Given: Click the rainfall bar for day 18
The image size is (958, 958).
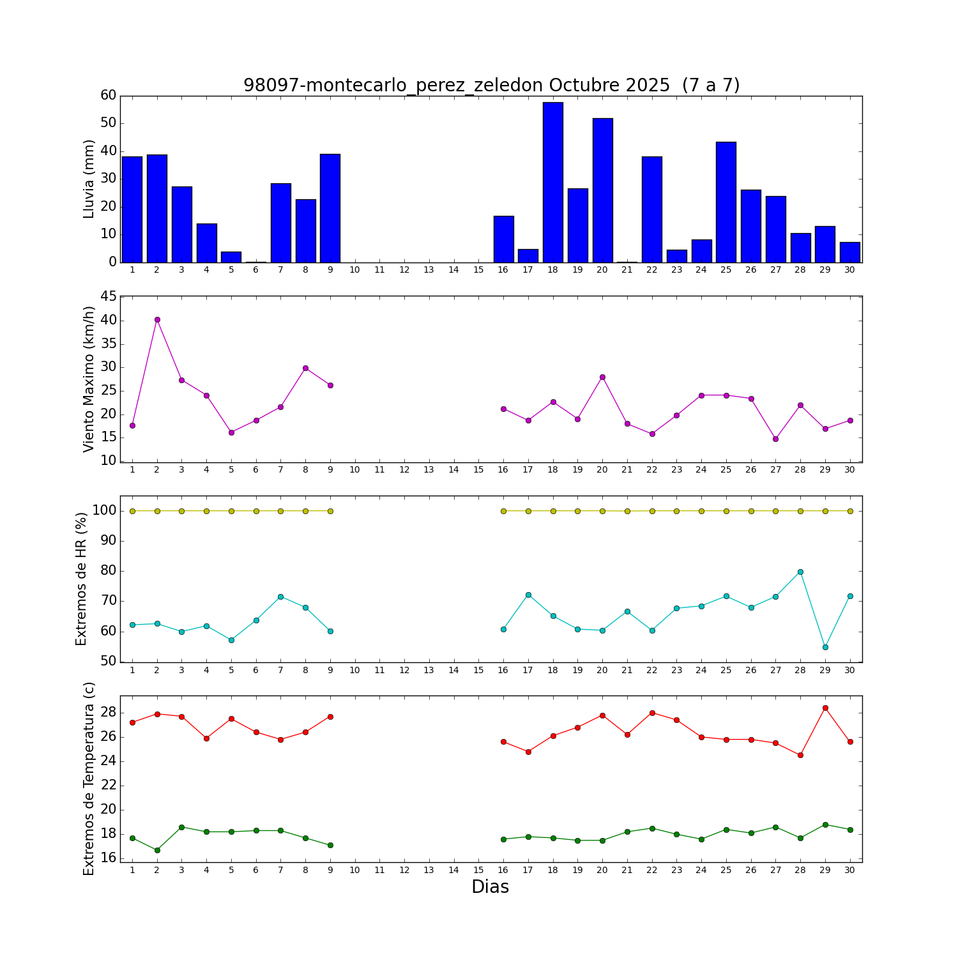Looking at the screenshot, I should tap(552, 182).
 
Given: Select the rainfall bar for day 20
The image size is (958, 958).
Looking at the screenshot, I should tap(602, 190).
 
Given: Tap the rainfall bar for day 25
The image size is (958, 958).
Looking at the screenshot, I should tap(726, 202).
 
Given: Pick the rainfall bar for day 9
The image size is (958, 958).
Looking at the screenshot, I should tap(330, 208).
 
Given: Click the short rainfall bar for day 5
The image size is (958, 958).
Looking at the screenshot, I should tap(231, 257).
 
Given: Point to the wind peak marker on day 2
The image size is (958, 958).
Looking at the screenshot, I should tap(157, 319).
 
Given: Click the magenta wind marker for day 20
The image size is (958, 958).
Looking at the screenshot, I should tap(602, 377).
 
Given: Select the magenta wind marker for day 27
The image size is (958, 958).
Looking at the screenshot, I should tap(775, 439).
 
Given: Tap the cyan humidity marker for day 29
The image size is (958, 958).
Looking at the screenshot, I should tap(825, 647).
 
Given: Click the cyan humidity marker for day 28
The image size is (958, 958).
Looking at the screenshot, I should tap(800, 572).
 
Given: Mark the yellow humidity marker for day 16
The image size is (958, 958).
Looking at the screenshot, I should tap(503, 511).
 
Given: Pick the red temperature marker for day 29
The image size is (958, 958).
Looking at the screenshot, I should tap(825, 708).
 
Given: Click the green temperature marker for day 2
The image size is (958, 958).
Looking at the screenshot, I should tap(157, 850).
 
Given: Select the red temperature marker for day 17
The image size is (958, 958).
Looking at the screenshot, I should tap(528, 752).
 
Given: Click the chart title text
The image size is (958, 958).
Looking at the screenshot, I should tap(491, 85).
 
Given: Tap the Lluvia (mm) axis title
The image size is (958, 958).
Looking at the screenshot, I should tap(89, 179).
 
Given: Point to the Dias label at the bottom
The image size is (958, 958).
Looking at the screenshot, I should tap(490, 886).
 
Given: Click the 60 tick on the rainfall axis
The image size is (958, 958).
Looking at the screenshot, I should tap(109, 96).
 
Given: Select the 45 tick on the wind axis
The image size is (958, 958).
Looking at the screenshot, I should tap(109, 297).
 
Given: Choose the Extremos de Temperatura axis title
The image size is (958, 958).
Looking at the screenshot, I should tap(89, 779).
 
